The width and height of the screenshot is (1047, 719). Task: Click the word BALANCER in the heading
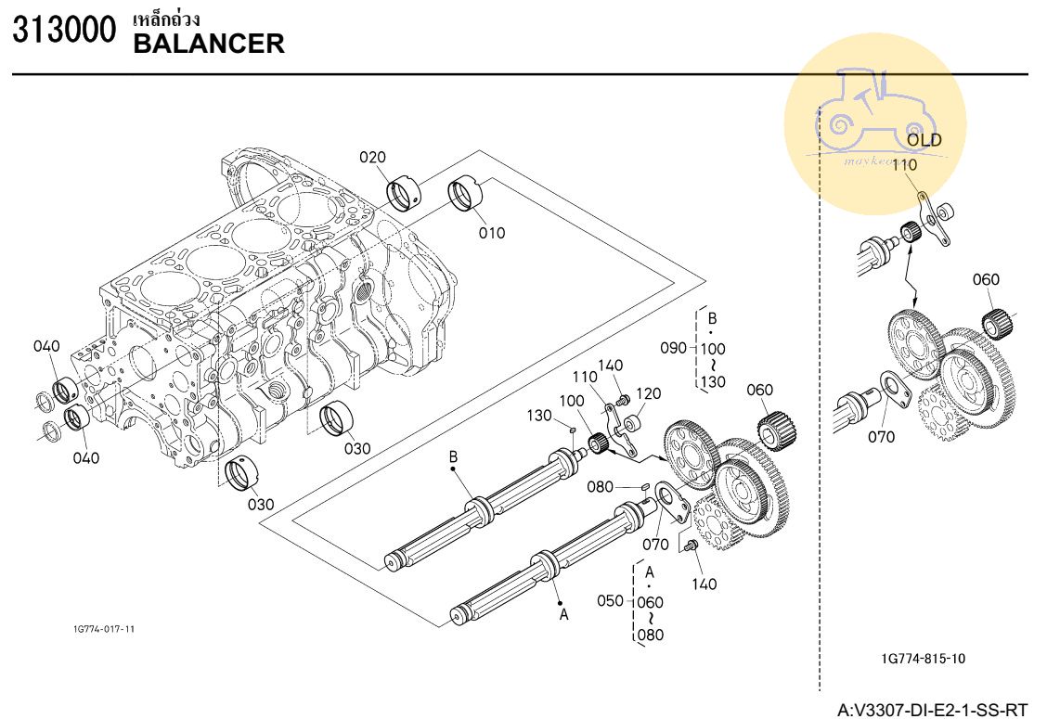click(209, 43)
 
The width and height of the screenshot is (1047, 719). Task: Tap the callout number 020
click(373, 158)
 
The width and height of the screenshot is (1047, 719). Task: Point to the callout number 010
click(492, 233)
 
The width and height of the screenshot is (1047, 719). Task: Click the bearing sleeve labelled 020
click(405, 192)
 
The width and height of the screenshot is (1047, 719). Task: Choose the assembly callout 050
click(610, 601)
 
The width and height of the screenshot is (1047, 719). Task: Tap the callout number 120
click(649, 394)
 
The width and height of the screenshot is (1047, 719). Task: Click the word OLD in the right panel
click(924, 140)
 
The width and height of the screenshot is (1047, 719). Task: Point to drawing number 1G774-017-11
click(104, 629)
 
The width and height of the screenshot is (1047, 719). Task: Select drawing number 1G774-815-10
click(923, 659)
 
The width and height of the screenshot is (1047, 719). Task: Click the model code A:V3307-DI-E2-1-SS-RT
click(933, 711)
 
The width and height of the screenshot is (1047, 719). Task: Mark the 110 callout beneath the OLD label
click(903, 165)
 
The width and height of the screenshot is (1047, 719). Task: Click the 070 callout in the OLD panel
click(882, 437)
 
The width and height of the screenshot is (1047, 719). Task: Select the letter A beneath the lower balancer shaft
click(562, 613)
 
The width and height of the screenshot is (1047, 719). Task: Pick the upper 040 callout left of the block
click(46, 347)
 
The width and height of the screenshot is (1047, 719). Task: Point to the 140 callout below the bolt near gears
click(704, 584)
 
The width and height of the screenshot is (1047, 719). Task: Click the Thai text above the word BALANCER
click(167, 19)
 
